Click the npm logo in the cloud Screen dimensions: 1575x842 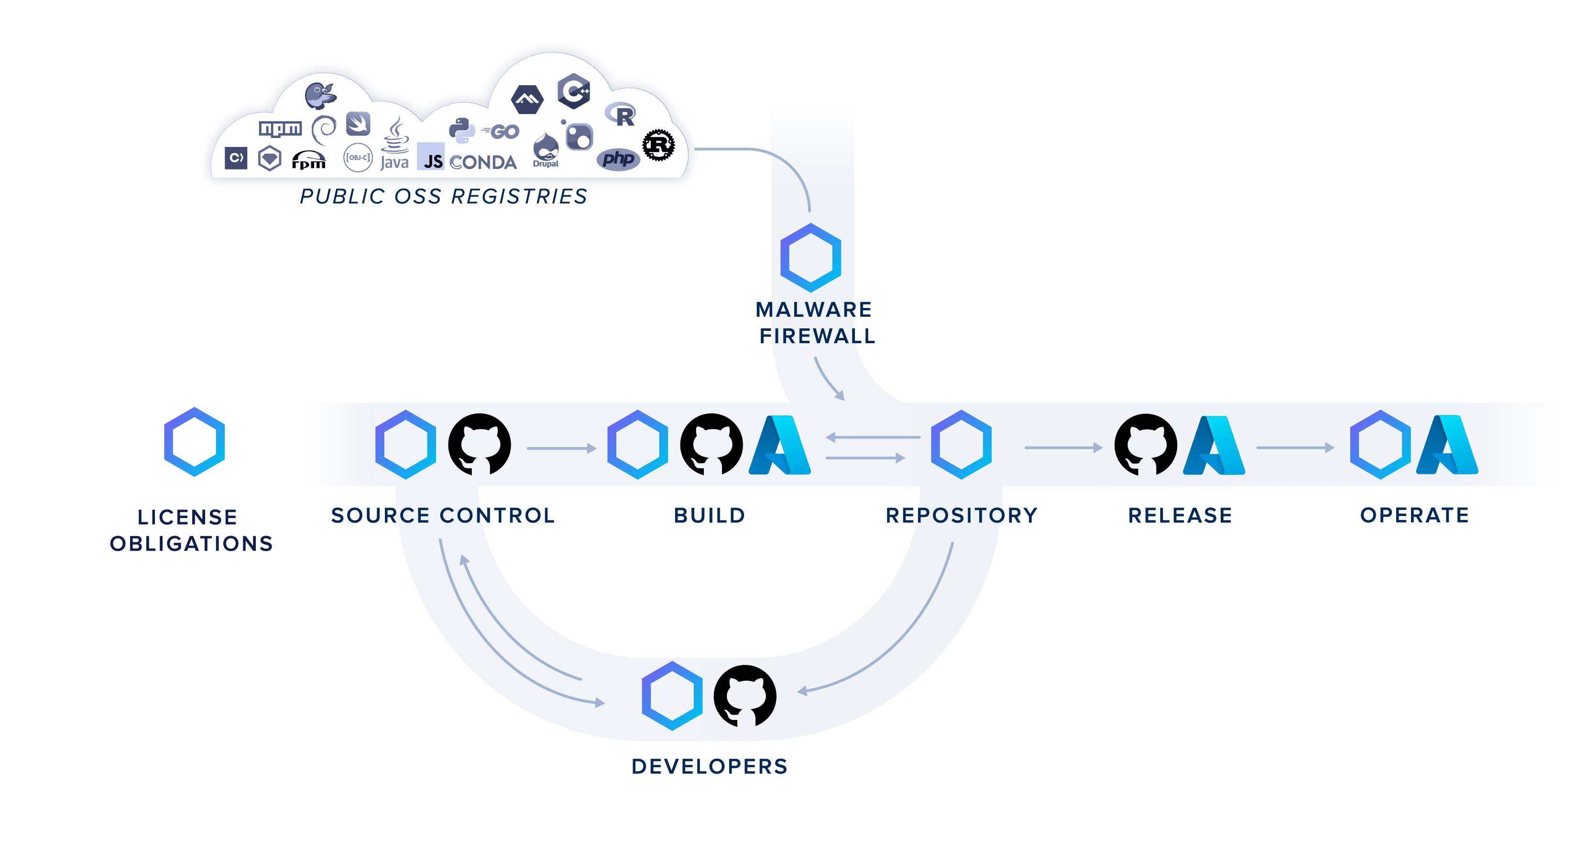(x=280, y=128)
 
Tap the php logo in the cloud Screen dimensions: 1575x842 (x=618, y=159)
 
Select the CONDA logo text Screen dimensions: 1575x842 (x=483, y=162)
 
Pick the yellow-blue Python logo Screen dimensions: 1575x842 (x=461, y=130)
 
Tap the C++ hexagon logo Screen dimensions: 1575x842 (x=573, y=92)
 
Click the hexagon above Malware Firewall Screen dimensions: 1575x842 (x=811, y=257)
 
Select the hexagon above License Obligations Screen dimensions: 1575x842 (x=195, y=442)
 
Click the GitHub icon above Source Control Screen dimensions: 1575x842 (x=480, y=445)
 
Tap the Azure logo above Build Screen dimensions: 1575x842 (x=780, y=445)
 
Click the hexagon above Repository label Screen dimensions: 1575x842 (x=961, y=445)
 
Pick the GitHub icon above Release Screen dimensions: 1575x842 (x=1146, y=445)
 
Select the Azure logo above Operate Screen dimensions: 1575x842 (x=1447, y=445)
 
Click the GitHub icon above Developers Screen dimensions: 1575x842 (x=745, y=696)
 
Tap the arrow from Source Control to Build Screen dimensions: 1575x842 (x=561, y=449)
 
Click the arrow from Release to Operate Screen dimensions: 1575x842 (x=1294, y=448)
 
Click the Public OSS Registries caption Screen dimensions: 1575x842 (x=443, y=196)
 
